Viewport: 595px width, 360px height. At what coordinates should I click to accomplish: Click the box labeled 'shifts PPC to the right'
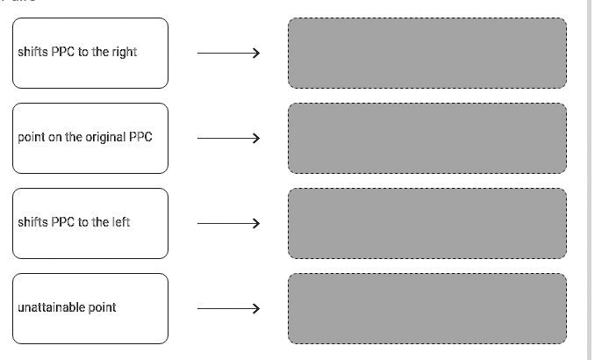click(x=90, y=53)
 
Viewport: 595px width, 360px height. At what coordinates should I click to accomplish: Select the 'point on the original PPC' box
click(x=90, y=138)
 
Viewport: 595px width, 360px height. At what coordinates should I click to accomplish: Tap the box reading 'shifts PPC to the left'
click(x=90, y=223)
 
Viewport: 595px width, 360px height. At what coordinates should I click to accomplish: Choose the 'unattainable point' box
click(x=90, y=308)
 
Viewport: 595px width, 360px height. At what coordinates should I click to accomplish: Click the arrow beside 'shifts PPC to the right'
click(x=228, y=53)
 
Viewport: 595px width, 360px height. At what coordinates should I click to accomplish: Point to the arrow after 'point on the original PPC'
click(x=228, y=138)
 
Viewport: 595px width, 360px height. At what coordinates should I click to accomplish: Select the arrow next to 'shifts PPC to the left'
click(x=228, y=223)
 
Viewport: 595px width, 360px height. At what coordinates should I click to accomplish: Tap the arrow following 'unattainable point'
click(x=228, y=308)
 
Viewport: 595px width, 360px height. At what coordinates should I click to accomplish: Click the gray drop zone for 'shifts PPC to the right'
click(x=427, y=53)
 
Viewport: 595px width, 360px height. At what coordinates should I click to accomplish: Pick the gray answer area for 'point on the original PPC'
click(x=427, y=138)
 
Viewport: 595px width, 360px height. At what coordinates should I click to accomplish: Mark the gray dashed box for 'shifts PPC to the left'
click(x=427, y=223)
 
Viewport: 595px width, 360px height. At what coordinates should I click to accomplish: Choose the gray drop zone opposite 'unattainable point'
click(x=427, y=308)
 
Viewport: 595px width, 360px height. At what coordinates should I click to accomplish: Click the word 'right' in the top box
click(x=124, y=53)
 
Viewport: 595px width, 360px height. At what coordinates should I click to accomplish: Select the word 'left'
click(x=120, y=223)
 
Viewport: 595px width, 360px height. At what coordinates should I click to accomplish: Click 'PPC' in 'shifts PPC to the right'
click(x=63, y=53)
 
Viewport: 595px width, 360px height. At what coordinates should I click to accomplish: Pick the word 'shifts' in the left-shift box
click(x=32, y=223)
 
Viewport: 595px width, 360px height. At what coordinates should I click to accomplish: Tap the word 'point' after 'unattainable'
click(x=102, y=308)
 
